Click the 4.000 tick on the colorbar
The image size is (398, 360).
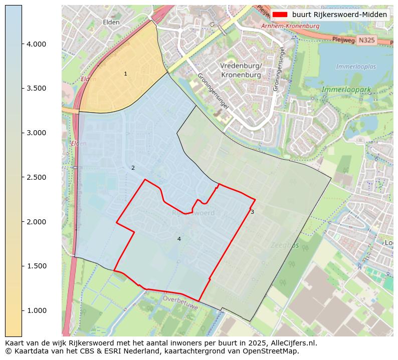pos(37,44)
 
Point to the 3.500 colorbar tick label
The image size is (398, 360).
pos(37,89)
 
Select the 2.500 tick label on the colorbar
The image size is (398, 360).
pos(37,177)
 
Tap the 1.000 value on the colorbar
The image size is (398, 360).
pos(37,310)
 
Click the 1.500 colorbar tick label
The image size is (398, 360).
pos(37,266)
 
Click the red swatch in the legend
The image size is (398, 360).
pos(280,15)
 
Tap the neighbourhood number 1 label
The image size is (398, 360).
pos(125,74)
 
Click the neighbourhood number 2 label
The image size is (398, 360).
pos(133,168)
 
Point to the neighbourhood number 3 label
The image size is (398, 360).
pos(252,212)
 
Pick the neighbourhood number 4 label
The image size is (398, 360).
pos(179,239)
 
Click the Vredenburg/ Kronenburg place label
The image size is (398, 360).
pos(241,71)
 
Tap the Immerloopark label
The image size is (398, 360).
pos(346,90)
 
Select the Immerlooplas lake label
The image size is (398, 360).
pos(356,67)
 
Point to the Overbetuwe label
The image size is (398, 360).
pos(180,302)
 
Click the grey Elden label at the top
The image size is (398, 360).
pos(111,22)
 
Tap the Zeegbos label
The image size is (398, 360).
pos(285,245)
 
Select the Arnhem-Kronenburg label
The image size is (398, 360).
pos(290,25)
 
